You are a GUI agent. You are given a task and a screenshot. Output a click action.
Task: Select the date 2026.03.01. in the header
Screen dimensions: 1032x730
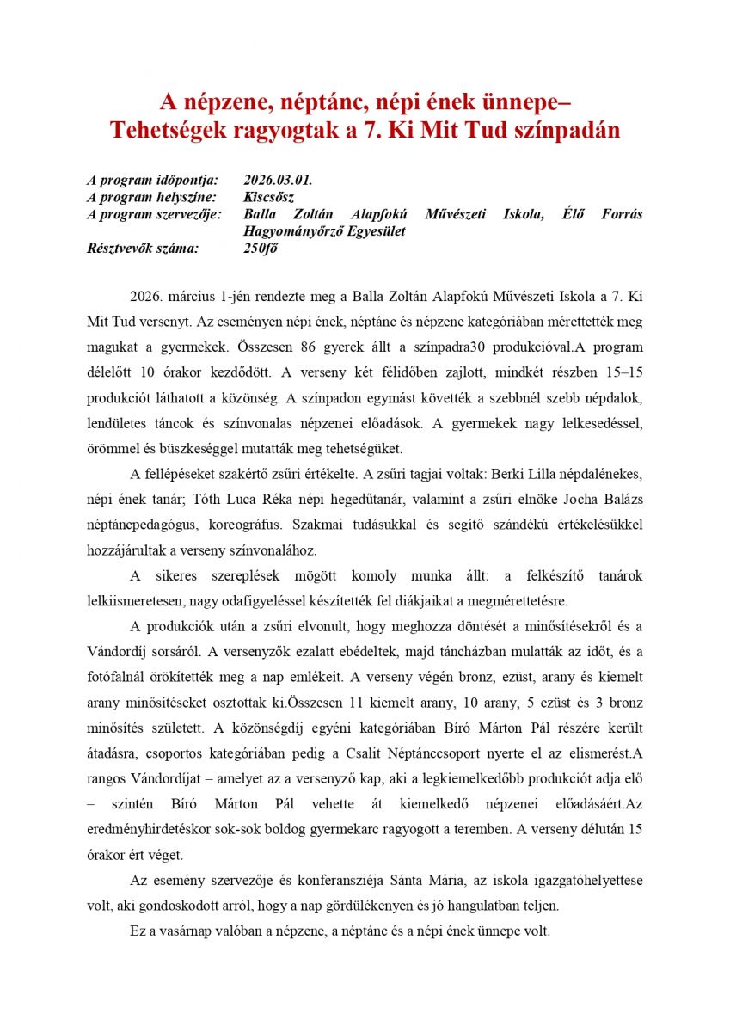(278, 181)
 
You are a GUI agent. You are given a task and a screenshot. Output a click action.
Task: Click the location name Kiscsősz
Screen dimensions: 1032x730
(269, 197)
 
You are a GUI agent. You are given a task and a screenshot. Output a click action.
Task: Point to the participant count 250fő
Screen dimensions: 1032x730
(261, 249)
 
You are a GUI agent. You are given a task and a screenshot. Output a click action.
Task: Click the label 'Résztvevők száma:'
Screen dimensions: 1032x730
(143, 249)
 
